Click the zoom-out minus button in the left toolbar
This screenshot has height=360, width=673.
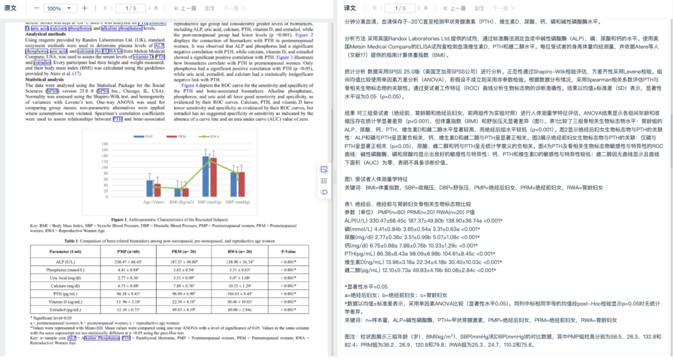37,9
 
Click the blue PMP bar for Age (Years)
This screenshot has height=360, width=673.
149,189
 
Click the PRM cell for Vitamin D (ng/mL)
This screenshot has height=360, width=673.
183,302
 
